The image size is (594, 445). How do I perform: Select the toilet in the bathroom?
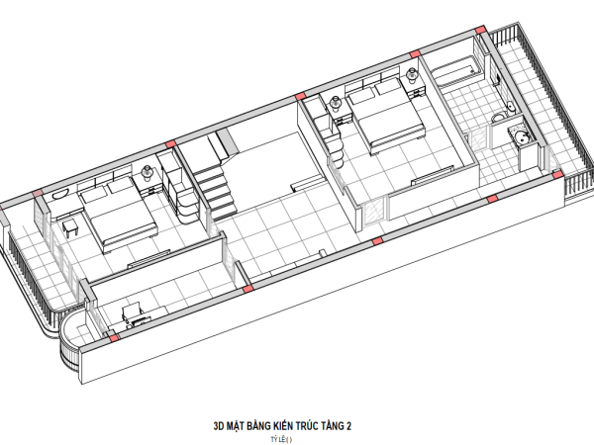[x=499, y=117]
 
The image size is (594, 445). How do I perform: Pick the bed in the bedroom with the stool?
[x=118, y=213]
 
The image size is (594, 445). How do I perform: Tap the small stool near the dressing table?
[x=71, y=228]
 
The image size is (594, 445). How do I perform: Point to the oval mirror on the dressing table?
[x=59, y=195]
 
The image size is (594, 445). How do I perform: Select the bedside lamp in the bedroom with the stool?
[x=147, y=172]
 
